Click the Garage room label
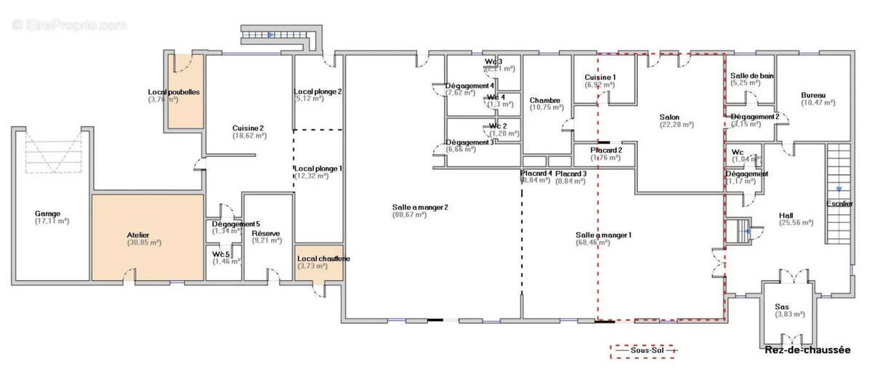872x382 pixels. [47, 214]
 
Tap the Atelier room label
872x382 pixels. [137, 235]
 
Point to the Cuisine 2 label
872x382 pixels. [248, 128]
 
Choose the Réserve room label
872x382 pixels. [265, 233]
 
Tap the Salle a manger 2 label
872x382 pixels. [420, 207]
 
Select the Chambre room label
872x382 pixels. [545, 100]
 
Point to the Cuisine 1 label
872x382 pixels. [600, 77]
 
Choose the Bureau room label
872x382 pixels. [813, 95]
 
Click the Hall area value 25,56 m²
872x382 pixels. [796, 224]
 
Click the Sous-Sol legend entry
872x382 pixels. [642, 351]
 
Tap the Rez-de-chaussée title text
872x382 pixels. [807, 350]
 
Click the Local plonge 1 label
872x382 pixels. [318, 168]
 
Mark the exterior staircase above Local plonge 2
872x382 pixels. [280, 34]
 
